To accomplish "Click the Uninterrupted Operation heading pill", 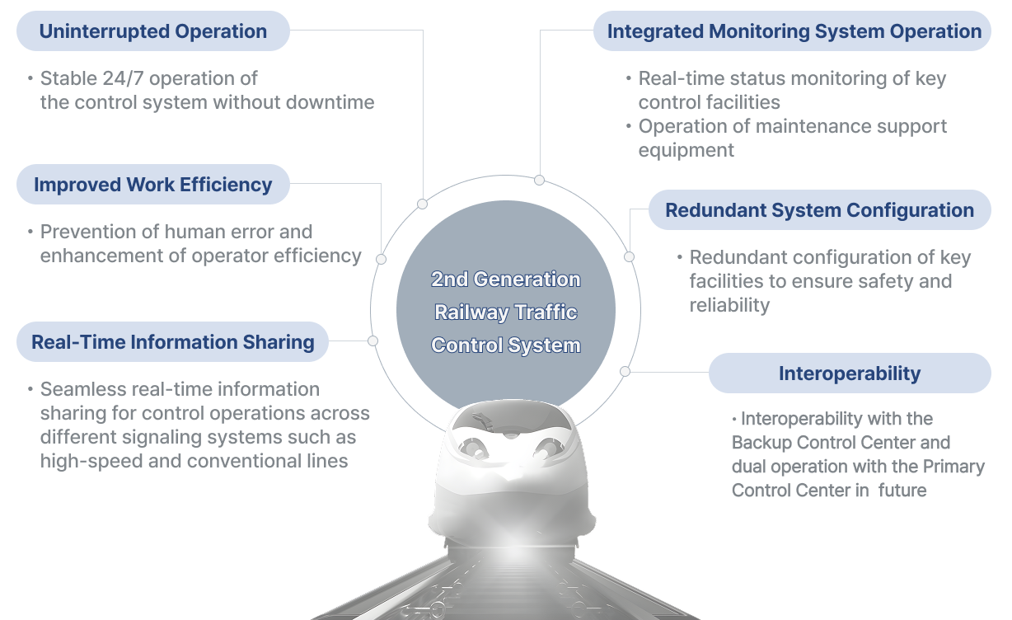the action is [x=152, y=31].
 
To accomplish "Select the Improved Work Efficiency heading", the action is [x=152, y=185].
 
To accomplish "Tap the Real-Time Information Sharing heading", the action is [x=172, y=341].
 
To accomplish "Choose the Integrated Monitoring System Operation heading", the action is [x=792, y=31].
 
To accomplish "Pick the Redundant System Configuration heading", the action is [x=819, y=209].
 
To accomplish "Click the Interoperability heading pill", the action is [x=850, y=373].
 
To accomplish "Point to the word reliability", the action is [x=729, y=305].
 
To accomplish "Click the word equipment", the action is [x=686, y=151].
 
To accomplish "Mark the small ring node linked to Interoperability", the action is [x=625, y=372].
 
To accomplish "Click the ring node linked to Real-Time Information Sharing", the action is [x=372, y=341].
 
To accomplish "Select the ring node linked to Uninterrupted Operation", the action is [x=423, y=204].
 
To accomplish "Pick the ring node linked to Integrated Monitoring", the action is [x=539, y=180].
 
